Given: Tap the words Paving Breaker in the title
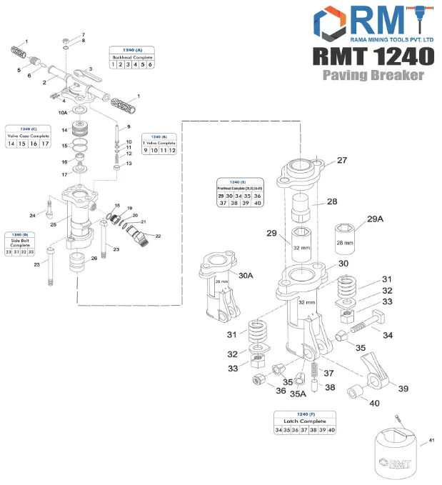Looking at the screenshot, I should pyautogui.click(x=372, y=75).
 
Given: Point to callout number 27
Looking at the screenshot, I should pyautogui.click(x=342, y=161).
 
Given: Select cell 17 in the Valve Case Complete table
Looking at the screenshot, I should pyautogui.click(x=45, y=144).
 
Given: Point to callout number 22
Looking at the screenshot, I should pyautogui.click(x=158, y=236).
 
